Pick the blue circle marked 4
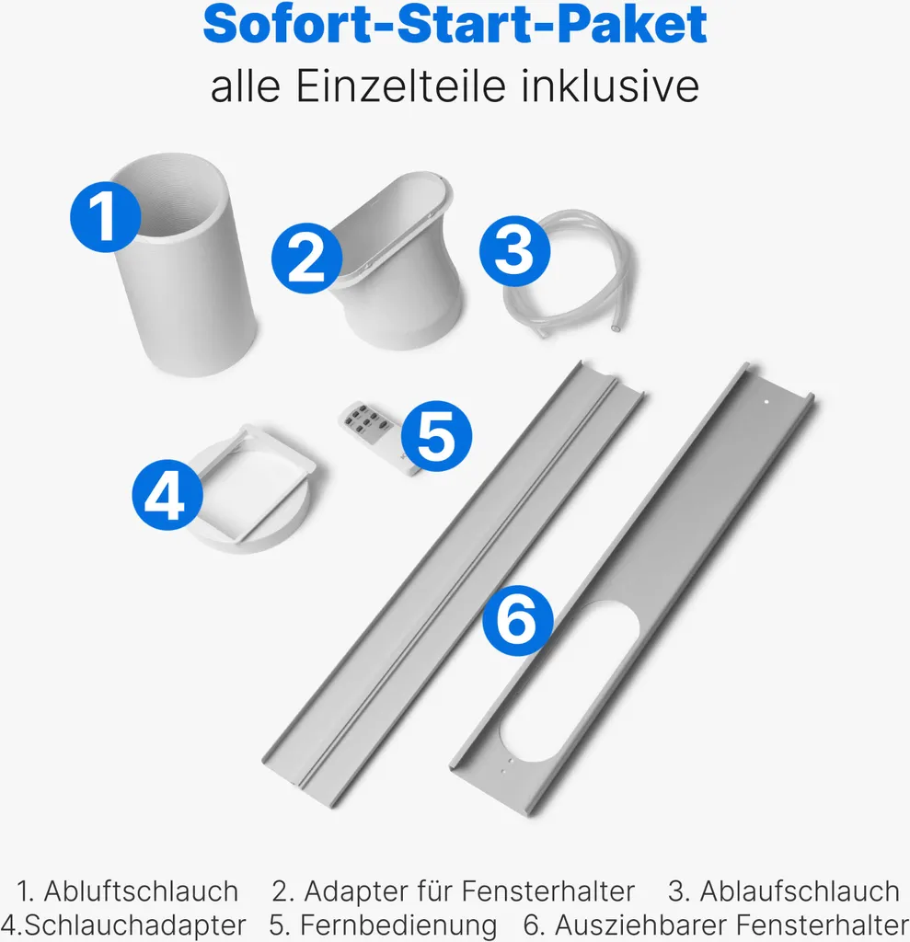click(x=167, y=496)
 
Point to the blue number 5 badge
click(x=436, y=436)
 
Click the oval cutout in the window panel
click(x=568, y=681)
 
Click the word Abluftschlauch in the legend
click(x=141, y=891)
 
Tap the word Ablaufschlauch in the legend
click(x=799, y=891)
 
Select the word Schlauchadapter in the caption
click(x=131, y=925)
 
